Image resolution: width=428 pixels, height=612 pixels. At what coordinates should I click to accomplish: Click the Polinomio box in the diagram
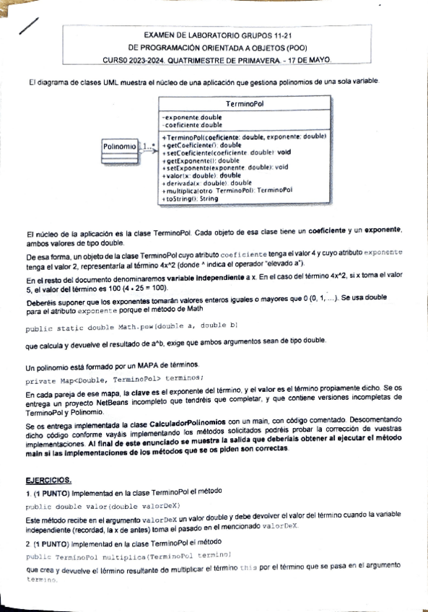(x=120, y=147)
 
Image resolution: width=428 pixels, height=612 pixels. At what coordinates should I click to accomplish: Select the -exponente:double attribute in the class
(x=192, y=117)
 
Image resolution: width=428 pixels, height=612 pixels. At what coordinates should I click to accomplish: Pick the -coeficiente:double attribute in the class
(x=193, y=125)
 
